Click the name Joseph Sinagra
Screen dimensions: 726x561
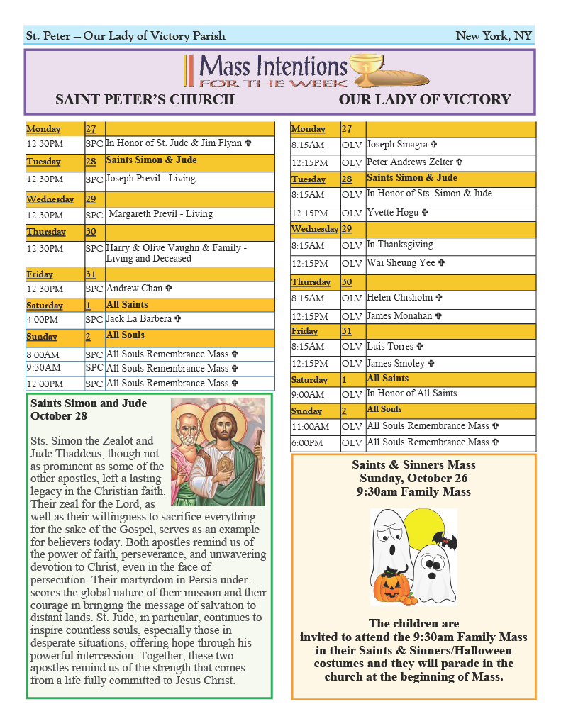click(x=397, y=145)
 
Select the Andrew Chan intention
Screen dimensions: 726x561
click(x=135, y=289)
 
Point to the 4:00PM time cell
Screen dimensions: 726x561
click(x=43, y=320)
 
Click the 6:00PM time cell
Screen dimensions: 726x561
click(x=306, y=443)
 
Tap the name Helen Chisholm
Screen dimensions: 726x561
click(x=400, y=298)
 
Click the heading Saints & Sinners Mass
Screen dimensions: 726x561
click(x=413, y=465)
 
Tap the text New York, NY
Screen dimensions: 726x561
click(x=494, y=36)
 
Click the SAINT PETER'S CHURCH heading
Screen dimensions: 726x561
click(x=145, y=99)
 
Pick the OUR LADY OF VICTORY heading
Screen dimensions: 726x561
click(x=425, y=99)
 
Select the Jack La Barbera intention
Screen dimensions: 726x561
click(x=139, y=319)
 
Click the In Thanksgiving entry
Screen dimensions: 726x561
click(x=399, y=245)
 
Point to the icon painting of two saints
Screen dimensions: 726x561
click(x=218, y=452)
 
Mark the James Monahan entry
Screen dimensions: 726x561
click(x=400, y=316)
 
